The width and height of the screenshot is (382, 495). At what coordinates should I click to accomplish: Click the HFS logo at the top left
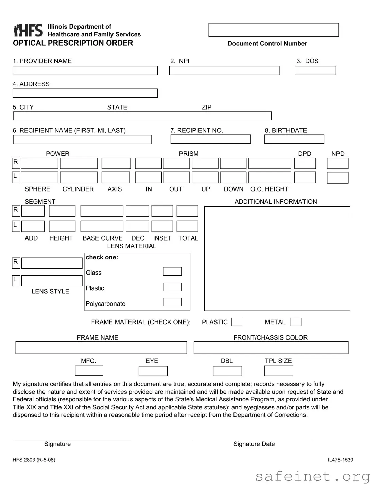pyautogui.click(x=28, y=30)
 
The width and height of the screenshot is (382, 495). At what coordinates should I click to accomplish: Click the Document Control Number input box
pyautogui.click(x=274, y=30)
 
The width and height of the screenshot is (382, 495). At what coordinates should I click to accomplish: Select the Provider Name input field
pyautogui.click(x=85, y=70)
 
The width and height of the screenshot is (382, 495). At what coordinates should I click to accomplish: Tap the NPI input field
pyautogui.click(x=224, y=70)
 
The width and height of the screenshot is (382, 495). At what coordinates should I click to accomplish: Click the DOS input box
pyautogui.click(x=315, y=70)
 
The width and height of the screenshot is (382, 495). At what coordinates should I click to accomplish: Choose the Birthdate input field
pyautogui.click(x=294, y=139)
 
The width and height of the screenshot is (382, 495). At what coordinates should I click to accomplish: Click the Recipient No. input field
pyautogui.click(x=211, y=139)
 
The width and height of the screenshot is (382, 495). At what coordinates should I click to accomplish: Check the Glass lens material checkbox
pyautogui.click(x=172, y=271)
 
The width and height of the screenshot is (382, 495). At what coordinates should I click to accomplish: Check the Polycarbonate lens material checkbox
pyautogui.click(x=172, y=302)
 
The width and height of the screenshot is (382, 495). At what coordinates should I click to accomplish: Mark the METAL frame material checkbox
pyautogui.click(x=296, y=322)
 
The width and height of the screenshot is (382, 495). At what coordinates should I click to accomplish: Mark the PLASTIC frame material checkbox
pyautogui.click(x=237, y=322)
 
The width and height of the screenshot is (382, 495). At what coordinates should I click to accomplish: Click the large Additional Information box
pyautogui.click(x=277, y=259)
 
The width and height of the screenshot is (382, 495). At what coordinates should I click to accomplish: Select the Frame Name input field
pyautogui.click(x=101, y=348)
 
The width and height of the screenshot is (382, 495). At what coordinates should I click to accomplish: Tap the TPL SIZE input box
pyautogui.click(x=279, y=371)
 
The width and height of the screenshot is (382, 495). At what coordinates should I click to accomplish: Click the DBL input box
pyautogui.click(x=227, y=371)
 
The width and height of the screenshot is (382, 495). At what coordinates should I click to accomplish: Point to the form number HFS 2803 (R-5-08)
pyautogui.click(x=34, y=460)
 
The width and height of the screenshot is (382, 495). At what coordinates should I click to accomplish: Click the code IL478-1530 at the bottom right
pyautogui.click(x=340, y=460)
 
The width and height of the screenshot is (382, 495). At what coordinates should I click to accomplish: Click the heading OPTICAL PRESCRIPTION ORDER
pyautogui.click(x=73, y=43)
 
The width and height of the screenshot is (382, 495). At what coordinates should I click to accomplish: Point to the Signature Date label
pyautogui.click(x=254, y=444)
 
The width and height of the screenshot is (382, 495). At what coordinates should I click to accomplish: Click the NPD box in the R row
pyautogui.click(x=337, y=164)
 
